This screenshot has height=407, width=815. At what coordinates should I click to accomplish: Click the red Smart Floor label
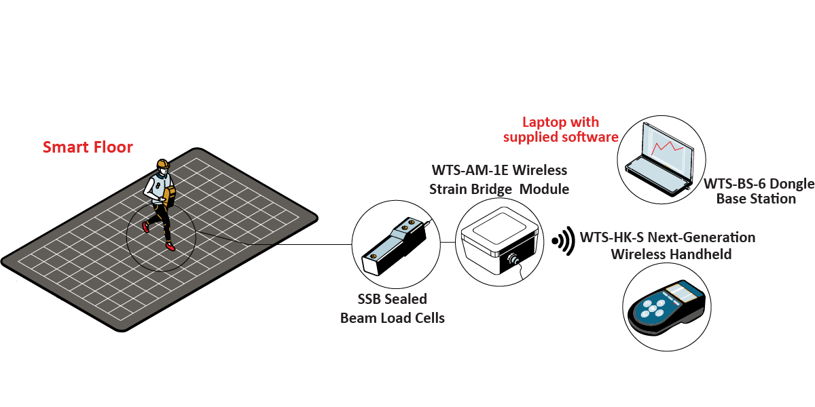(x=88, y=147)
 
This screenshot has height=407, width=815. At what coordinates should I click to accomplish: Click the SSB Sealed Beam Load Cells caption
(x=392, y=308)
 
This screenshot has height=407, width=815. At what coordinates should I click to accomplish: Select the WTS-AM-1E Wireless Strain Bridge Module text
(x=499, y=179)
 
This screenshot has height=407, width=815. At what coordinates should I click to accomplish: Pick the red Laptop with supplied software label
(x=560, y=130)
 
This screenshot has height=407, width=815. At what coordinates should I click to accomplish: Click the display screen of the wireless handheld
(x=681, y=294)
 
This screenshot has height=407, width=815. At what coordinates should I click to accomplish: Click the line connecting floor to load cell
(x=272, y=240)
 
